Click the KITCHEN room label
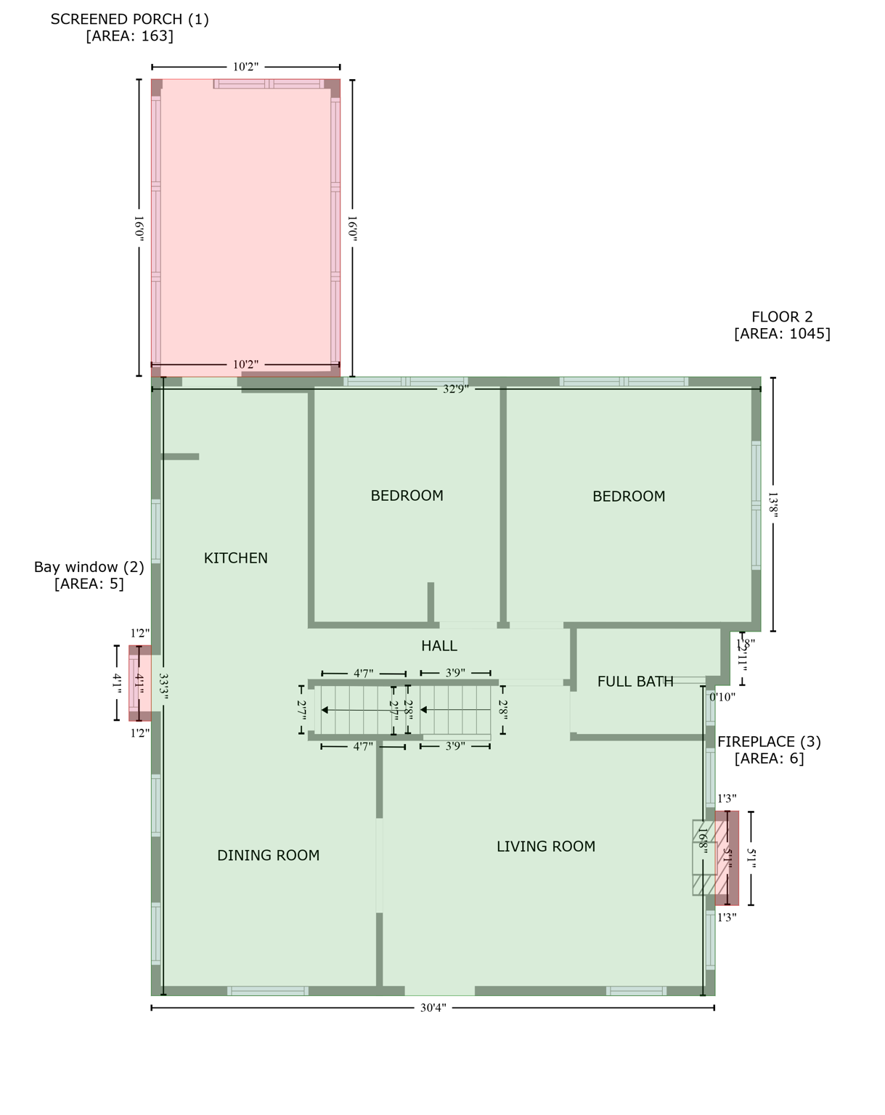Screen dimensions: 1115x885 coord(235,558)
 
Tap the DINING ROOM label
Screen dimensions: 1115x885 coord(268,856)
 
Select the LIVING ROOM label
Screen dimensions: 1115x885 coord(545,846)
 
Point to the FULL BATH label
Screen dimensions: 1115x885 coord(635,682)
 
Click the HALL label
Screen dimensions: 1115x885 coord(439,646)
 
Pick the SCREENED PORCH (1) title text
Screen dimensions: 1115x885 coord(129,20)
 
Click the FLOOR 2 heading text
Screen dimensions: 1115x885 coord(782,317)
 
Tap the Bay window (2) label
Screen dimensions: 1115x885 coord(89,567)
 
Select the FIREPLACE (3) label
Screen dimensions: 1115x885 coord(769,742)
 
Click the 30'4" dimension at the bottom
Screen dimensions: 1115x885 coord(433,1008)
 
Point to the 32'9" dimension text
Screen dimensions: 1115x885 coord(456,389)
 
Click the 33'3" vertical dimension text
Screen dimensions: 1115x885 coord(163,687)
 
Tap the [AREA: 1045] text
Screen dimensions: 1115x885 coord(782,334)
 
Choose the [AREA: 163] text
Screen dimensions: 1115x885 coord(129,36)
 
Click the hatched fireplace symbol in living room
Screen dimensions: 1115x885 coord(703,857)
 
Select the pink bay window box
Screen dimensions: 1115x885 coord(139,683)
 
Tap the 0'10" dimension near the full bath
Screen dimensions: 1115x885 coord(722,697)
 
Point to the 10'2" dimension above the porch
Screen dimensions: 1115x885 coord(245,67)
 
